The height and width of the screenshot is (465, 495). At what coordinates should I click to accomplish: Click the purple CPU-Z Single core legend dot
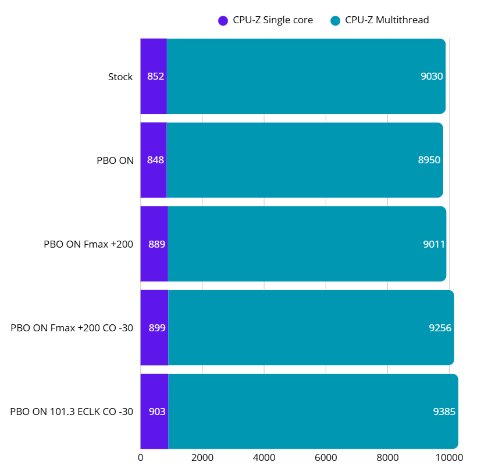tap(223, 20)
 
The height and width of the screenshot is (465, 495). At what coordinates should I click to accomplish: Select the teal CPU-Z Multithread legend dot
tap(334, 20)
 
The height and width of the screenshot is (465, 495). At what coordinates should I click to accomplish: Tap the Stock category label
tap(120, 77)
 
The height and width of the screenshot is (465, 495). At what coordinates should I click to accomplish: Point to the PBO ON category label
tap(115, 160)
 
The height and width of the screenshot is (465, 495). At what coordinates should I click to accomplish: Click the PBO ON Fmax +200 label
tap(88, 244)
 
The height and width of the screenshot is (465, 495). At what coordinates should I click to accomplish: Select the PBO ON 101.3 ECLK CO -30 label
tap(72, 412)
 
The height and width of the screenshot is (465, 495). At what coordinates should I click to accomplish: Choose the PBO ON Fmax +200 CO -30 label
tap(72, 328)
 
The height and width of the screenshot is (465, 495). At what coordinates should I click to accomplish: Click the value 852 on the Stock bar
tap(155, 77)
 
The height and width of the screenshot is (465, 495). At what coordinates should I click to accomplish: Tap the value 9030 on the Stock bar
tap(432, 77)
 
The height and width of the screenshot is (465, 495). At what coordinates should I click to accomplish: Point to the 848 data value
tap(155, 160)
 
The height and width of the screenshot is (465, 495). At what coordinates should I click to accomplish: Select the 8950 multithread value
tap(429, 160)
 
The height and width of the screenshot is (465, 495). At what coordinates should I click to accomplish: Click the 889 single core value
tap(157, 244)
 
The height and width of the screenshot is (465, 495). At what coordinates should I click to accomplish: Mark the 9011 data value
tap(434, 244)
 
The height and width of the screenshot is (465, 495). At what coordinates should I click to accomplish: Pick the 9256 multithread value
tap(440, 328)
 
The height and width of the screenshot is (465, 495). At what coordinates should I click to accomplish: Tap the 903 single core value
tap(157, 412)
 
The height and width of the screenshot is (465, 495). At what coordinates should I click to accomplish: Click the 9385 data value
tap(444, 412)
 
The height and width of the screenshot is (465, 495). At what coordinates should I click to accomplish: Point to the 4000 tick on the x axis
tap(264, 457)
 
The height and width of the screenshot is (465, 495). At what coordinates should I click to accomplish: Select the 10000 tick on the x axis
tap(450, 457)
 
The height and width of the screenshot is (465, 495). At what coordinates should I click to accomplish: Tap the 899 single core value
tap(157, 328)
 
